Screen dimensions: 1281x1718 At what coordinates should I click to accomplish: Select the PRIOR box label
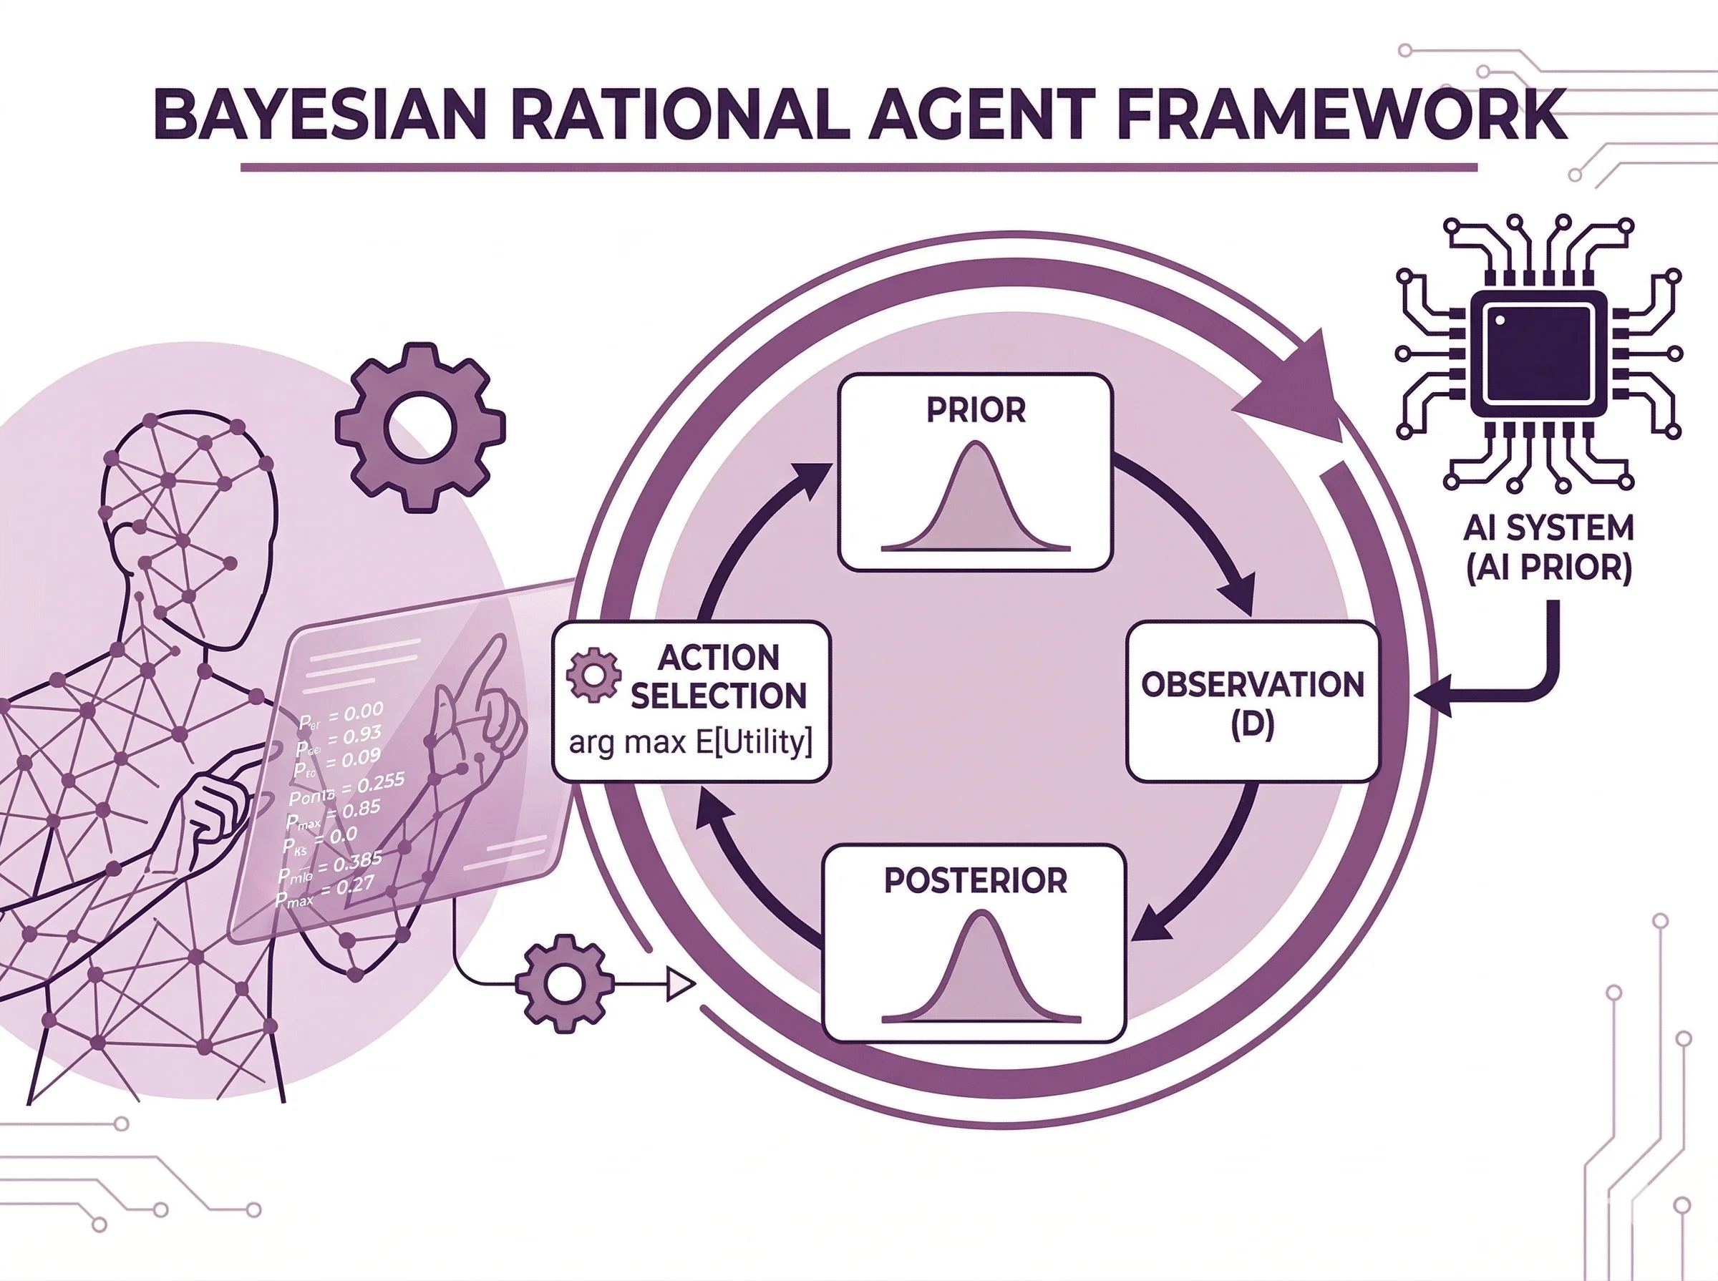(976, 410)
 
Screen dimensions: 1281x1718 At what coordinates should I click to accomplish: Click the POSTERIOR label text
(976, 880)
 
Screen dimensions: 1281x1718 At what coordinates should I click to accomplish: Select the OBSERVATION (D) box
(1252, 703)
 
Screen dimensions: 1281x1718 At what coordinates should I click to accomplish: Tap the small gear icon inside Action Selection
(593, 675)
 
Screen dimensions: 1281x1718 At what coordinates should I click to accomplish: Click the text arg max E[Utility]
(690, 743)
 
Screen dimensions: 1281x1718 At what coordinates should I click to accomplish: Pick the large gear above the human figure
(419, 427)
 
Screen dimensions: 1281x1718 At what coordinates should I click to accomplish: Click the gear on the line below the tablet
(565, 983)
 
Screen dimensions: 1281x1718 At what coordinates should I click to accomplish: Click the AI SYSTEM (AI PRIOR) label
(1548, 547)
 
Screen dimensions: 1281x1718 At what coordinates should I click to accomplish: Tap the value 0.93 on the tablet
(361, 734)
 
